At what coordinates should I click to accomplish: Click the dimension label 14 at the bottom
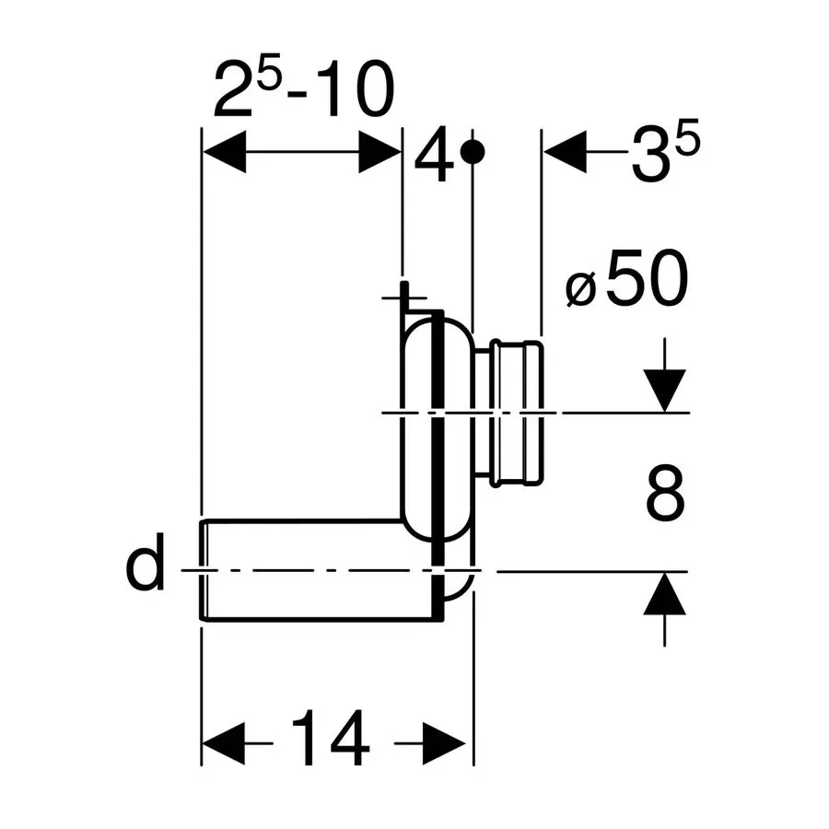click(331, 739)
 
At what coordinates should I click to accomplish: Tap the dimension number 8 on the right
click(665, 494)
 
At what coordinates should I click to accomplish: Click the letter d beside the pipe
click(145, 562)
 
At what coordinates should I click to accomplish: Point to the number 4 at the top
click(434, 154)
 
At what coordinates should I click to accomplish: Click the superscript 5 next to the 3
click(688, 136)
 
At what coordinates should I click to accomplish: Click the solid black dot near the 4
click(473, 152)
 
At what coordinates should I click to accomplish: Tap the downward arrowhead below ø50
click(664, 391)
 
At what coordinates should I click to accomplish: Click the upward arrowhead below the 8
click(664, 594)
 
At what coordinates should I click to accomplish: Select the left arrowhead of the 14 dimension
click(224, 743)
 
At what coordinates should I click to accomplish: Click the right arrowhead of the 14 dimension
click(444, 743)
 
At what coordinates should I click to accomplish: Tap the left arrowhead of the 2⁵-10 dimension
click(224, 152)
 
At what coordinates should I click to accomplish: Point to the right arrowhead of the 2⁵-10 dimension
click(379, 152)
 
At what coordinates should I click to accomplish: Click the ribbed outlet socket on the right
click(515, 413)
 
